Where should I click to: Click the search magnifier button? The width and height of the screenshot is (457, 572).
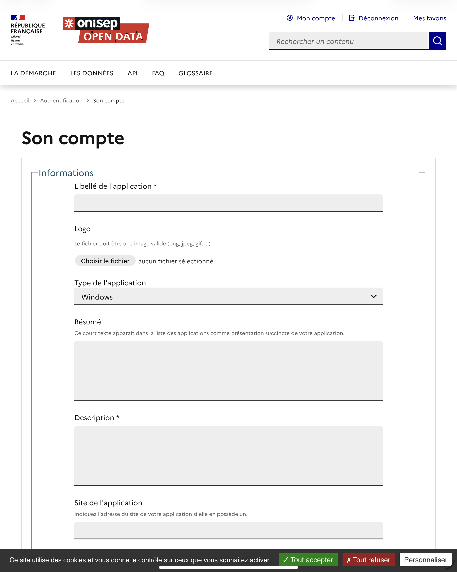pos(437,41)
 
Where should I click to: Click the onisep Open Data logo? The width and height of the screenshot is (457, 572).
pos(106,30)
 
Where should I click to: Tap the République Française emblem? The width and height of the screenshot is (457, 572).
pos(27,30)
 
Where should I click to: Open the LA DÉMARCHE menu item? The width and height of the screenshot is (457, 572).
pos(33,73)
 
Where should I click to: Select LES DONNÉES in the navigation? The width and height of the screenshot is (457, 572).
pos(92,73)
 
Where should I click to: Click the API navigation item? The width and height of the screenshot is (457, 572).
pos(132,73)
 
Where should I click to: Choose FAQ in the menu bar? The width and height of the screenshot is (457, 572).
pos(158,73)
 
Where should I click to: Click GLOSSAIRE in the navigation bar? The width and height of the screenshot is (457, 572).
pos(196,73)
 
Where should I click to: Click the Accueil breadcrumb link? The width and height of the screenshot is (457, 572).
pos(20,101)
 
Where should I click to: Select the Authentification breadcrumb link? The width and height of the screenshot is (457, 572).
pos(61,101)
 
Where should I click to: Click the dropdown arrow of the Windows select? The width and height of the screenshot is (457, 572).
pos(374,296)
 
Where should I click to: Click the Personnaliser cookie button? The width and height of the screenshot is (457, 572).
pos(426,560)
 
